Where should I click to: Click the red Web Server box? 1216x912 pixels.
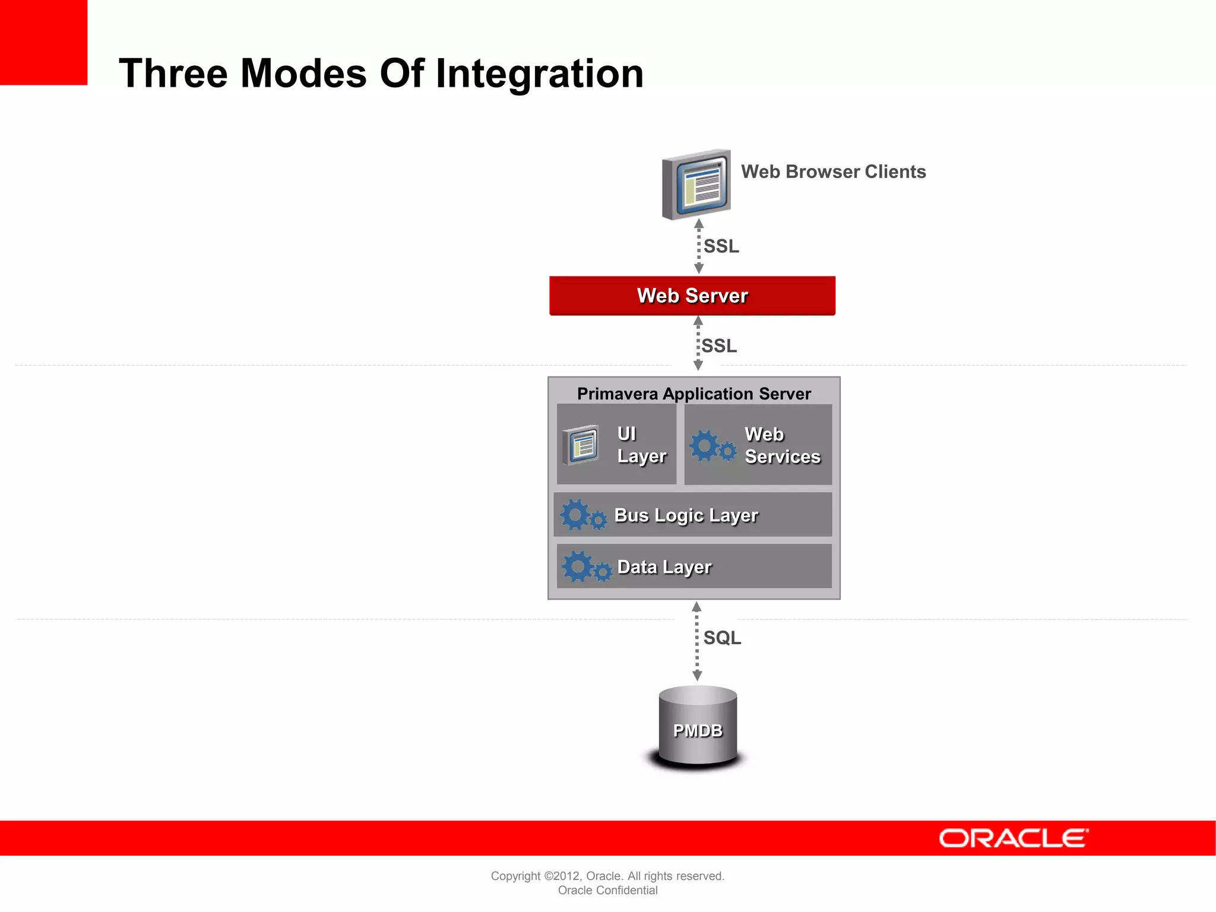coord(692,296)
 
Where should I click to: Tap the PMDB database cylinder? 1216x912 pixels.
coord(698,728)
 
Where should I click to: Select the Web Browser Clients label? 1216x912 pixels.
coord(833,172)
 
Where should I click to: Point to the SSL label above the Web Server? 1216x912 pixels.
coord(721,246)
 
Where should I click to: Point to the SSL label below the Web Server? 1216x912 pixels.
coord(719,346)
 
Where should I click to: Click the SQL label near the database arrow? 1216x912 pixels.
coord(722,638)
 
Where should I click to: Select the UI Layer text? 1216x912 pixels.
coord(641,445)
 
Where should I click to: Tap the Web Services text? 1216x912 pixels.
coord(782,445)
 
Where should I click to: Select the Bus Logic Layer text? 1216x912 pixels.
coord(686,515)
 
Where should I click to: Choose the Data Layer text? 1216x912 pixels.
coord(664,567)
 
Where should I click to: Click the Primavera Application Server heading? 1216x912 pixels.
coord(693,394)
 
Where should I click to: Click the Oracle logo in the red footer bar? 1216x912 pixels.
coord(1014,838)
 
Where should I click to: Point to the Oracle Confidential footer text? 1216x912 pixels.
coord(607,890)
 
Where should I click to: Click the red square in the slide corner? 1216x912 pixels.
coord(43,42)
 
